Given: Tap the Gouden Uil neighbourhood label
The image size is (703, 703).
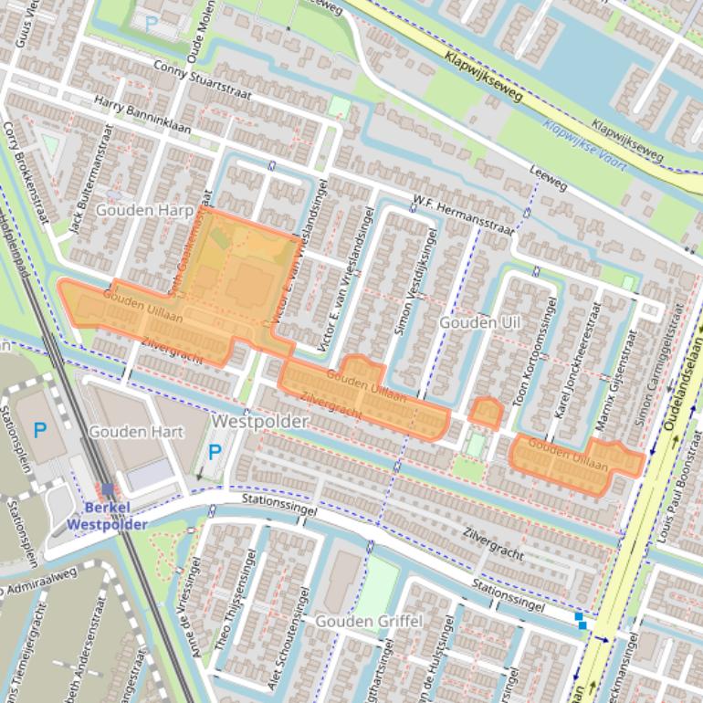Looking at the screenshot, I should tap(479, 323).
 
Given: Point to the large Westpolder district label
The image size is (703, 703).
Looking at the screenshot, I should tap(259, 423).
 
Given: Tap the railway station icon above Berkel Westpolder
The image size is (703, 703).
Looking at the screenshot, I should tap(108, 490).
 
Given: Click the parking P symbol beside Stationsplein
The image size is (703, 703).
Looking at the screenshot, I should tap(39, 429).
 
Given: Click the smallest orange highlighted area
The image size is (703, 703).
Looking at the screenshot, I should tap(485, 414).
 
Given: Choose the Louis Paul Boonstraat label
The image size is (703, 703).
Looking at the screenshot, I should tap(685, 507).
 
